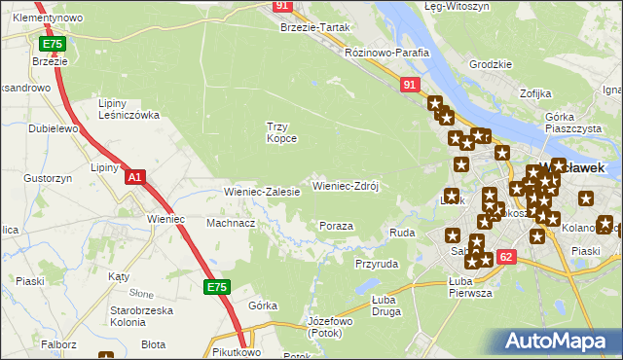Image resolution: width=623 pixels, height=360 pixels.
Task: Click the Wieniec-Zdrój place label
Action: click(344, 185)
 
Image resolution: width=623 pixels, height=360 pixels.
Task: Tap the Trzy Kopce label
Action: click(281, 132)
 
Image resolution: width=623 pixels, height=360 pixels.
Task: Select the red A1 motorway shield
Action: click(135, 177)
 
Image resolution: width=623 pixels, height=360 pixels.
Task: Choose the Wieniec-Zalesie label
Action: click(262, 192)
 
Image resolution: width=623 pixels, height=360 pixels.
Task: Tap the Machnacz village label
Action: click(231, 223)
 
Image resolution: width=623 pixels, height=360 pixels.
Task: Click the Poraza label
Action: click(336, 226)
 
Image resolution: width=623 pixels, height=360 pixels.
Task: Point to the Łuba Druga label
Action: click(389, 306)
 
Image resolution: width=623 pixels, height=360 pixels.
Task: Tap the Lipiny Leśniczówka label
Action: click(128, 109)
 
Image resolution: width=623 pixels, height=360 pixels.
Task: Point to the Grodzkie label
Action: click(491, 64)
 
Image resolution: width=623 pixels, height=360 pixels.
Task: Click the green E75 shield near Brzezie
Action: click(53, 45)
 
